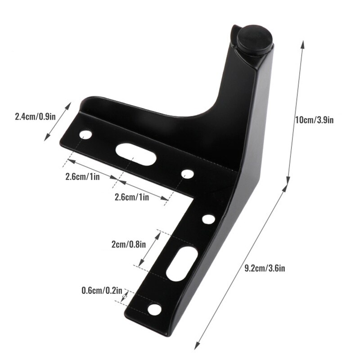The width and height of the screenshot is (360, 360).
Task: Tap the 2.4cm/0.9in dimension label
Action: click(x=35, y=117)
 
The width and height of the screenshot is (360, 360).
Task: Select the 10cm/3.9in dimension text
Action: click(x=314, y=120)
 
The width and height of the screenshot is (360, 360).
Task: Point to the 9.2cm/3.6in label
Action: click(x=265, y=268)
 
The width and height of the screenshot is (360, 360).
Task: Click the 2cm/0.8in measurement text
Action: click(x=129, y=245)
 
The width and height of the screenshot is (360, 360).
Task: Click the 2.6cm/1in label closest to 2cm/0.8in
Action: click(x=132, y=197)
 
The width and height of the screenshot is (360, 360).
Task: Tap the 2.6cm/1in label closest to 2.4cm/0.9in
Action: click(x=82, y=176)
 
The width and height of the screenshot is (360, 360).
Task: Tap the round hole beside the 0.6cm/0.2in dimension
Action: click(x=154, y=309)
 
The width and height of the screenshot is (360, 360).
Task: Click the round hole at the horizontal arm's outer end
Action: click(x=85, y=135)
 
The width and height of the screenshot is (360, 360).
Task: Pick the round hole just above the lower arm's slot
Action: click(x=208, y=220)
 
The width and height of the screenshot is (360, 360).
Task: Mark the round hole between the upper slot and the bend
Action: click(x=187, y=174)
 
